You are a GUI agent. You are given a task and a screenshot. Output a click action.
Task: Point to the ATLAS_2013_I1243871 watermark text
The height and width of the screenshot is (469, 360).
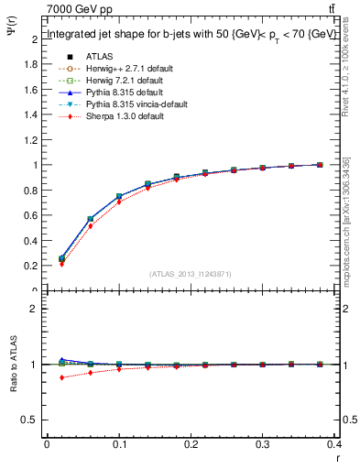tap(190, 274)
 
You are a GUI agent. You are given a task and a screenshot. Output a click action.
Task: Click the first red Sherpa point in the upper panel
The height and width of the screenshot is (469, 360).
tap(61, 264)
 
